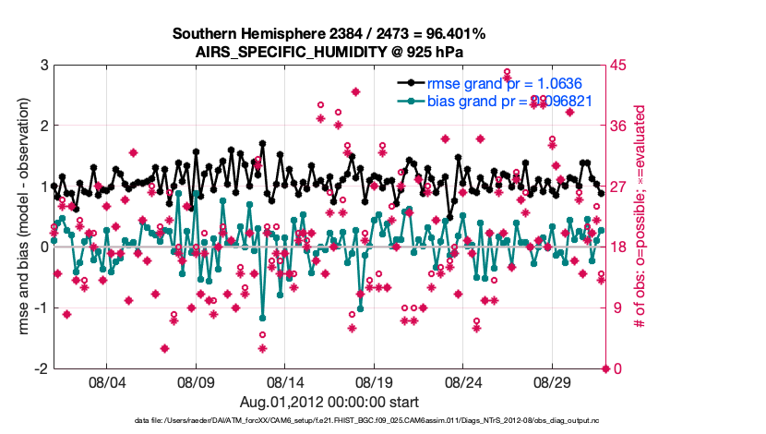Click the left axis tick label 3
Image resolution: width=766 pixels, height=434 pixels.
pos(42,65)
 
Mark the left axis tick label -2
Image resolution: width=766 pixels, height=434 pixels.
pos(40,368)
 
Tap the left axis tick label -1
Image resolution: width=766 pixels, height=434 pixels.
pos(40,307)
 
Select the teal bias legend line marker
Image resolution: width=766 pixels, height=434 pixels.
pos(410,102)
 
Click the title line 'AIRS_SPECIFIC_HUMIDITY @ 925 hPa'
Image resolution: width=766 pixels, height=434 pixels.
pos(329,52)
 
